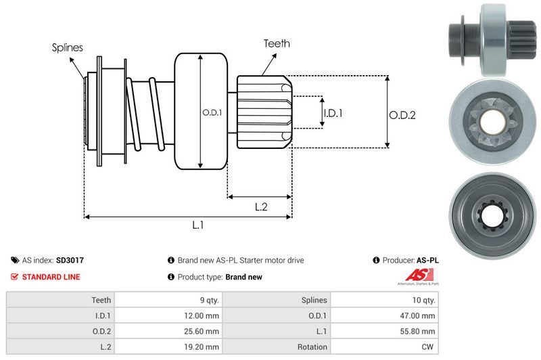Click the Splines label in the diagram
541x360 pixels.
68,47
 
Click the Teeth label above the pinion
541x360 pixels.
277,43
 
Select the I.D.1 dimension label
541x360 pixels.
333,113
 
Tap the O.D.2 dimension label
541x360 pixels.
402,115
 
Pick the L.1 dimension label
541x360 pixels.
198,226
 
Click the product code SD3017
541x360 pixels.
70,260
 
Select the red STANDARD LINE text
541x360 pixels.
51,277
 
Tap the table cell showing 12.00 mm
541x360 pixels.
204,315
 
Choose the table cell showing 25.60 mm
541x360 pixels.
204,331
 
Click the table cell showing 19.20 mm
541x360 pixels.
204,347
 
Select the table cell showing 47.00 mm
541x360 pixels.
420,315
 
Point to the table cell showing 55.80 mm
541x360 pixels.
420,331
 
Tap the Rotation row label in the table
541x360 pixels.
312,347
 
